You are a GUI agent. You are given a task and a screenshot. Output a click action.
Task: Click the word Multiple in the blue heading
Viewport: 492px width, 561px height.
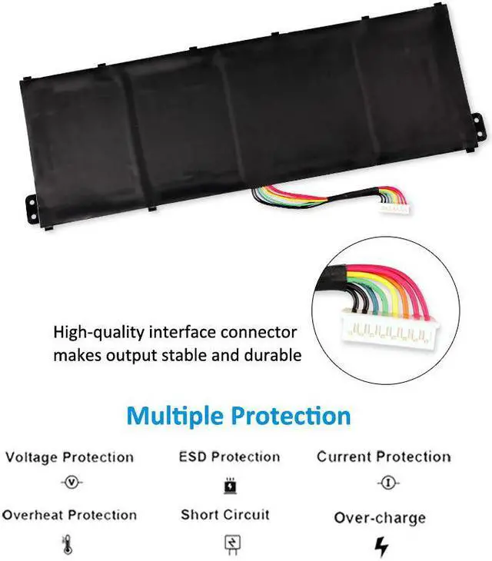174,417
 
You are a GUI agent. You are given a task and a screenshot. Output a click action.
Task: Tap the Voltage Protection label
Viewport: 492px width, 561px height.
69,457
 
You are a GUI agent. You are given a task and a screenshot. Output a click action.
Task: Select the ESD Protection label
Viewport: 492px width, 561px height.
229,456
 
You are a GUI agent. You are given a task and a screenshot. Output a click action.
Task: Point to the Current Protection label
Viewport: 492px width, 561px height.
384,456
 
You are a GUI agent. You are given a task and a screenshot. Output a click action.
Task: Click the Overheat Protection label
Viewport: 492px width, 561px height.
69,515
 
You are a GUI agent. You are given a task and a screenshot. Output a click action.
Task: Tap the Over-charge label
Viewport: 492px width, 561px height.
380,518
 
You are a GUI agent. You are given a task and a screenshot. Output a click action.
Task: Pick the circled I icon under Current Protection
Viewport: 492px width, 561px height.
384,483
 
